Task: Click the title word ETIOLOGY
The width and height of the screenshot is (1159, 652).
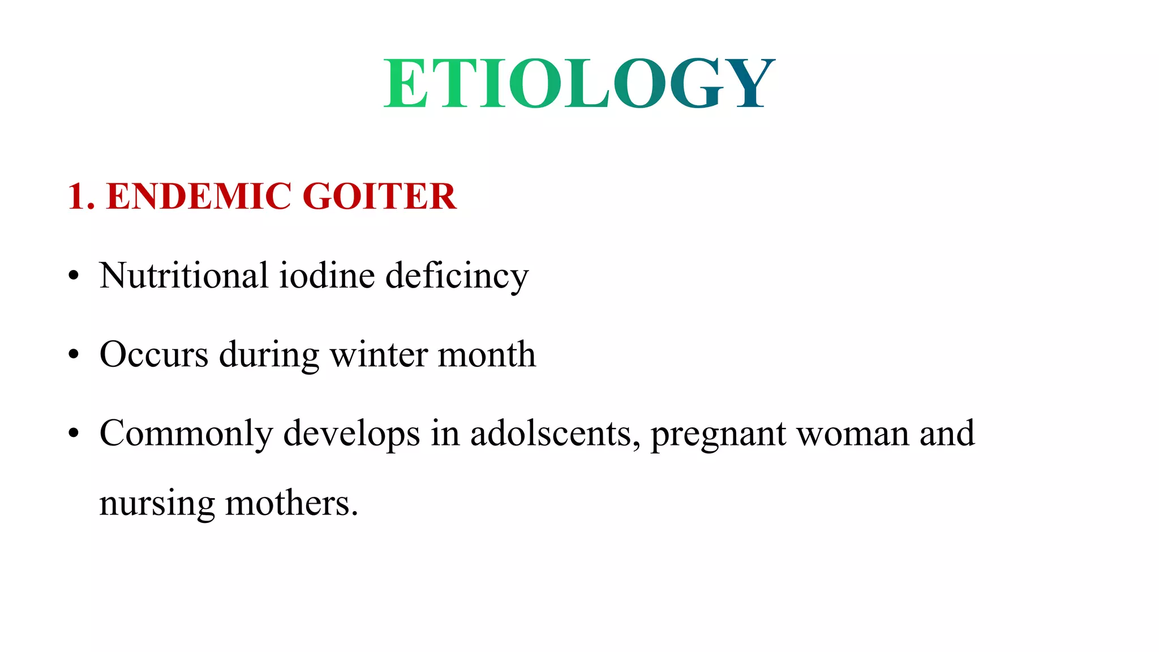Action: [x=579, y=83]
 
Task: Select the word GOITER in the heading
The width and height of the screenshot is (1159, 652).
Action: [x=379, y=196]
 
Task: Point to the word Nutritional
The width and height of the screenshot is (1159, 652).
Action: [x=183, y=276]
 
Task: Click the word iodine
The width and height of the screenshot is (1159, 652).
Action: [x=327, y=276]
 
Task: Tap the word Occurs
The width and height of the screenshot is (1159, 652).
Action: [x=154, y=355]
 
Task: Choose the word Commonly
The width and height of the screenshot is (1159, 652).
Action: [x=186, y=434]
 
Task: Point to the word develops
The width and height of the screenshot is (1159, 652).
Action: [x=351, y=434]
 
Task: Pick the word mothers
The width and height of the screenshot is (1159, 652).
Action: [x=291, y=503]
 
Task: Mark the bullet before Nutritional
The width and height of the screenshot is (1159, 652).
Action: [x=74, y=277]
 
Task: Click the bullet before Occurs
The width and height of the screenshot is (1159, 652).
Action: [x=74, y=355]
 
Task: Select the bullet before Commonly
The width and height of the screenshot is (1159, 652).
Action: [x=74, y=434]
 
